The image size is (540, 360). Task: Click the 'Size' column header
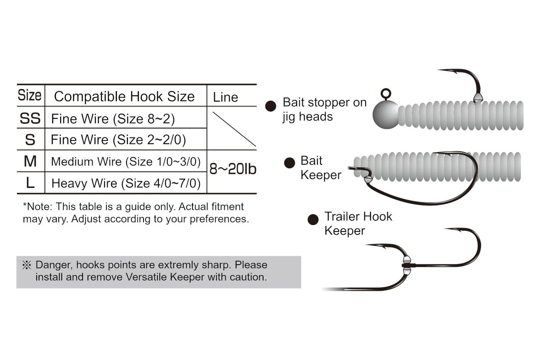point(30,95)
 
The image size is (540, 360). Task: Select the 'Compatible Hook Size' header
point(124,96)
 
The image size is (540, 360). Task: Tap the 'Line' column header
point(225,97)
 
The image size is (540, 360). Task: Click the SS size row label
point(30,118)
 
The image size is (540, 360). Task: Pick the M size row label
point(30,161)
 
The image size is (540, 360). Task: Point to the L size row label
point(30,183)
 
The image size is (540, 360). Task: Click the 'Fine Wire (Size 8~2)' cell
point(113,119)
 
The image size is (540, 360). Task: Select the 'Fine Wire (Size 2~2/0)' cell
point(118,140)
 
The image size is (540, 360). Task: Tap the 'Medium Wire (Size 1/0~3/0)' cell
point(126,162)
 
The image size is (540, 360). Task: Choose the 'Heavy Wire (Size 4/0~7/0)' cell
point(126,183)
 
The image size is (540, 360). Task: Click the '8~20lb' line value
point(233,169)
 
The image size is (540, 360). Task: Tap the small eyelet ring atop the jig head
point(386,93)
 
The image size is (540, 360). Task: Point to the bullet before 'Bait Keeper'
point(289,163)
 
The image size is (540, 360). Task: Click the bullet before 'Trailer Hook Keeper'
point(313,220)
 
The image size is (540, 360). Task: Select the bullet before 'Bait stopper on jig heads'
point(271,106)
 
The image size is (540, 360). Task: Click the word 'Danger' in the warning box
point(53,265)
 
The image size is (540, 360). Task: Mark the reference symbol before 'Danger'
point(27,265)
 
